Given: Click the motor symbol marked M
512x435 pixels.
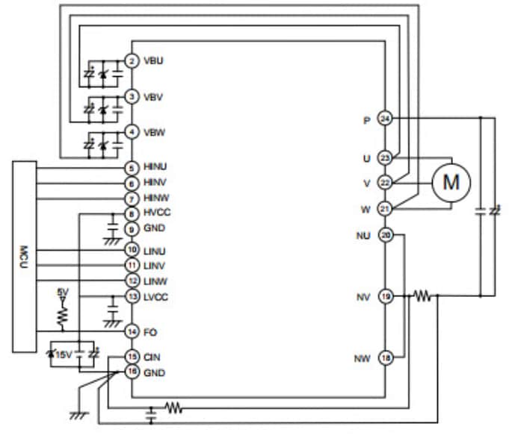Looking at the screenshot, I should click(451, 181).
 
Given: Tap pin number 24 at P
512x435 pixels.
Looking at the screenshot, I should click(385, 119).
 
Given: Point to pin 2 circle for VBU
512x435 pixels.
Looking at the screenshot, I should click(132, 60).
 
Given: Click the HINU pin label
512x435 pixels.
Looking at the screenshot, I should click(155, 168).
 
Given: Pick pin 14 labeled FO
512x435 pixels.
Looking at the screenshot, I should click(132, 331).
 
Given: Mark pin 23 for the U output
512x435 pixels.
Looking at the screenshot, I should click(385, 158).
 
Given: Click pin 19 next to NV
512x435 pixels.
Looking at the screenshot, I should click(385, 296).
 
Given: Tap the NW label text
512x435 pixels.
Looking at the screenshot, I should click(363, 359).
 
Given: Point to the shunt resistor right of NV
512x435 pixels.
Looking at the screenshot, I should click(422, 296).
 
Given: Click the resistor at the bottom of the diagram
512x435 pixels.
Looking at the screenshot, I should click(173, 408).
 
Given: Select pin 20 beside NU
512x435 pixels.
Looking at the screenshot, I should click(385, 235).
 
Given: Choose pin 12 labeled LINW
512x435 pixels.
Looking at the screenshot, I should click(132, 280).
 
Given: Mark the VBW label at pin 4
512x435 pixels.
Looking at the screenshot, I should click(154, 133).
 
